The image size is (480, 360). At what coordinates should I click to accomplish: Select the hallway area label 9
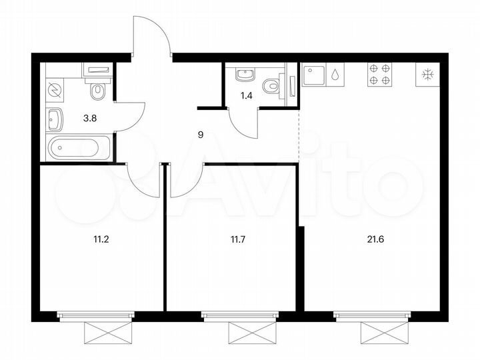[201, 135]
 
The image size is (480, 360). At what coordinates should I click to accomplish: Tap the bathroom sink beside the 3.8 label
[55, 120]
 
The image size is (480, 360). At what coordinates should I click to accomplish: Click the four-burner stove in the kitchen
[379, 74]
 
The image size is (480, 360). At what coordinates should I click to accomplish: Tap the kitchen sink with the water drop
[323, 75]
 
